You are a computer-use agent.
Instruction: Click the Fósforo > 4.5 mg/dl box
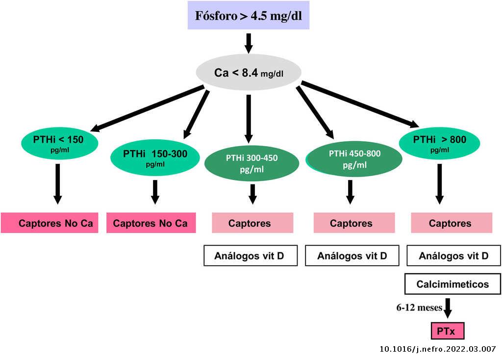coord(249,15)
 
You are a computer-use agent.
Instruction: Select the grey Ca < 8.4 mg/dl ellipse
coord(249,73)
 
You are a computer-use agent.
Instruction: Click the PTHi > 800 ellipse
coord(439,142)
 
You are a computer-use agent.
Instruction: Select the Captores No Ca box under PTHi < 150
coord(50,223)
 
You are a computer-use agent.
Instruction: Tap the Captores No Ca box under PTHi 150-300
coord(151,223)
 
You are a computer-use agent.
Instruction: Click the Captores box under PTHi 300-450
coord(252,223)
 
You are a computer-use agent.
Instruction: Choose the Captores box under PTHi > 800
coord(451,223)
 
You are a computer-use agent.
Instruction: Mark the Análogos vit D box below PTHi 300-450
coord(250,256)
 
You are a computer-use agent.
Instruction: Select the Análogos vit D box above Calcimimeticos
coord(453,256)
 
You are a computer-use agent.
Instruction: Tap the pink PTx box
coord(447,332)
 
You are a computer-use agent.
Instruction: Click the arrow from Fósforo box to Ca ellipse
coord(249,43)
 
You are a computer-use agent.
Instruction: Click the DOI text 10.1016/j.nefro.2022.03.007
coord(438,349)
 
